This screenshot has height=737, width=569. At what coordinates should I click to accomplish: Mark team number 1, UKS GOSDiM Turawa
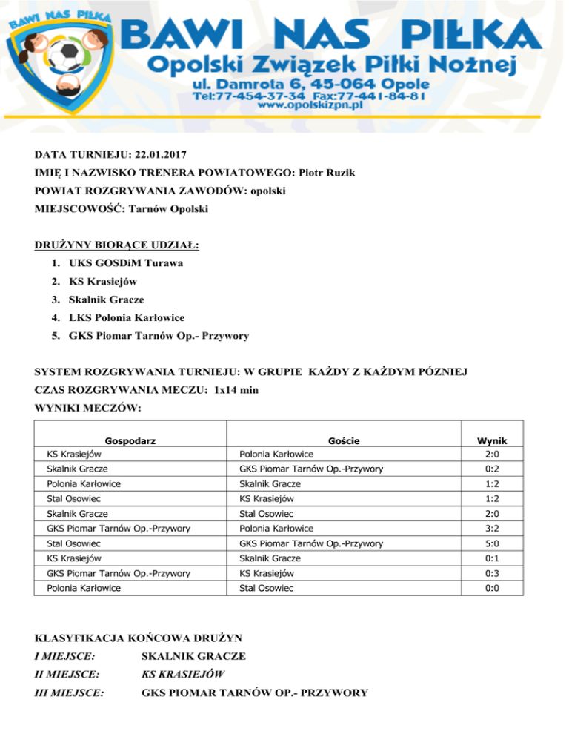click(x=125, y=263)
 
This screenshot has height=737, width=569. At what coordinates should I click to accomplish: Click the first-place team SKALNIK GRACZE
click(x=193, y=656)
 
